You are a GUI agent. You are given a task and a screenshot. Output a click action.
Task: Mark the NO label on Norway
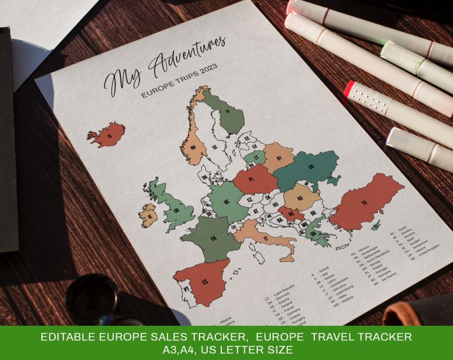click(193, 148)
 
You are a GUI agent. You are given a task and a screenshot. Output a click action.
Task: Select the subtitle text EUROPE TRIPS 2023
click(179, 81)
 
